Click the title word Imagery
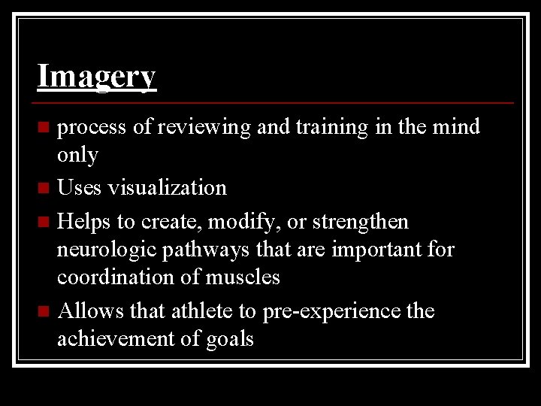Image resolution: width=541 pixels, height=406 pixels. point(96,76)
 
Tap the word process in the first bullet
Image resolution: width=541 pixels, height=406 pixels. point(92,128)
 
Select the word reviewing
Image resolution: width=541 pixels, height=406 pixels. point(203,127)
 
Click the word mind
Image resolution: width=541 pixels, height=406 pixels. point(456,126)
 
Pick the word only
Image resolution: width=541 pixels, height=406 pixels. point(77,155)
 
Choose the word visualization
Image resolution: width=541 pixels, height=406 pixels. point(167,186)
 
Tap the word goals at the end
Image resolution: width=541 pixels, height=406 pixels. point(230,339)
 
